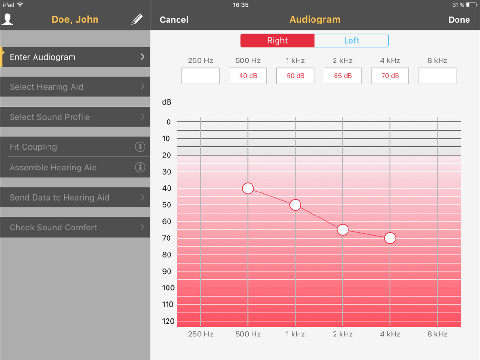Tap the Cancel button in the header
coord(174,20)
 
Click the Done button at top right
coord(459,20)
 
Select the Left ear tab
coord(351,41)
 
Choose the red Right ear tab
coord(277,41)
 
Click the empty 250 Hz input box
coord(201,76)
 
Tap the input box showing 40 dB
coord(248,76)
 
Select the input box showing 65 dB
coord(343,76)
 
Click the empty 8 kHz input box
coord(437,76)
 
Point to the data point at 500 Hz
coord(248,189)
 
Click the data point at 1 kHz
coord(295,205)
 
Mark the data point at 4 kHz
coord(390,238)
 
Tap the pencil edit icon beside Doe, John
coord(137,20)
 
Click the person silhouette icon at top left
coord(8,19)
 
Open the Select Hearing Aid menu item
coord(75,87)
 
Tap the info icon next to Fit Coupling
coord(140,147)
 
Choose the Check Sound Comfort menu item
coord(75,228)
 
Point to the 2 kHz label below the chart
coord(343,334)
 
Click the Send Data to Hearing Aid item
coord(75,197)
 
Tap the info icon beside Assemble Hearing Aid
coord(140,168)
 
